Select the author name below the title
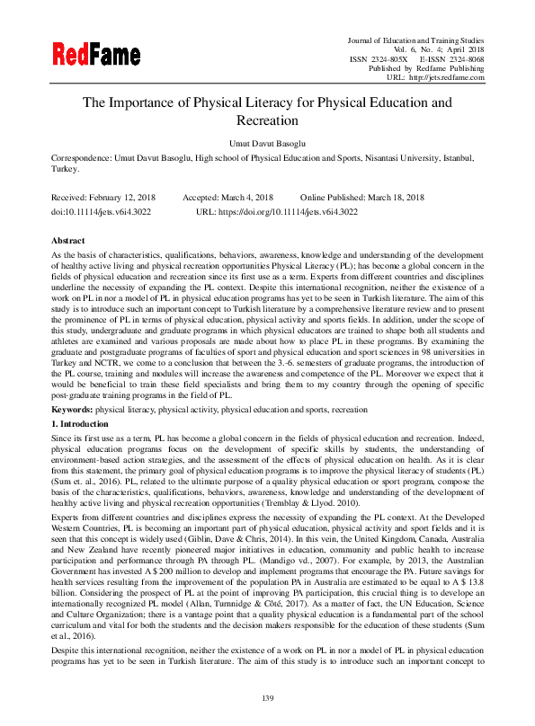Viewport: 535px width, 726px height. pyautogui.click(x=267, y=141)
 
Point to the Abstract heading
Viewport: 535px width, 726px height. pyautogui.click(x=68, y=241)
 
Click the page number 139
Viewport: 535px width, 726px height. pyautogui.click(x=267, y=699)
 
